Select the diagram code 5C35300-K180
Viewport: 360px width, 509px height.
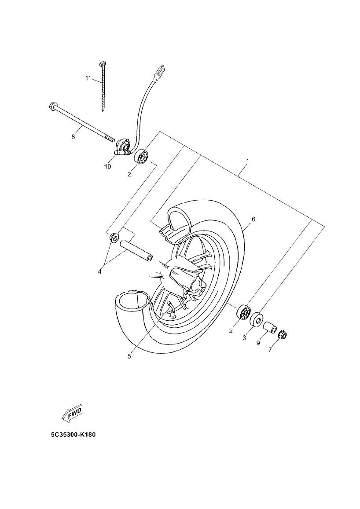pyautogui.click(x=73, y=435)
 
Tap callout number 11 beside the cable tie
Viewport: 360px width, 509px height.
pyautogui.click(x=88, y=78)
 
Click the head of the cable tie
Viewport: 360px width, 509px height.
pyautogui.click(x=102, y=64)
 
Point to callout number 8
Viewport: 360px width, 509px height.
pyautogui.click(x=73, y=137)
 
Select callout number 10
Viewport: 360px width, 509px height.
pyautogui.click(x=107, y=167)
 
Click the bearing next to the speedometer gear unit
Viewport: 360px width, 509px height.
pyautogui.click(x=142, y=157)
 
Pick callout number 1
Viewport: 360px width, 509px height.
pyautogui.click(x=247, y=161)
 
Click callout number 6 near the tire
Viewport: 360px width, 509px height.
pyautogui.click(x=253, y=219)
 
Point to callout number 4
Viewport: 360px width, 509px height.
pyautogui.click(x=100, y=271)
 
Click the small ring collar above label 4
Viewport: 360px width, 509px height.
pyautogui.click(x=114, y=238)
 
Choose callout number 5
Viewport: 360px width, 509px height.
pyautogui.click(x=129, y=356)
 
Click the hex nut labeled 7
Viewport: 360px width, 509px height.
pyautogui.click(x=283, y=336)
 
